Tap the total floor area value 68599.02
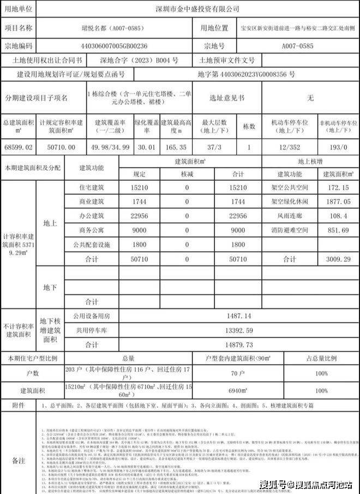[x=18, y=147]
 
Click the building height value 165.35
[x=178, y=147]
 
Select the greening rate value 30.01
[x=147, y=147]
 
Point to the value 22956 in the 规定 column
[x=140, y=216]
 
